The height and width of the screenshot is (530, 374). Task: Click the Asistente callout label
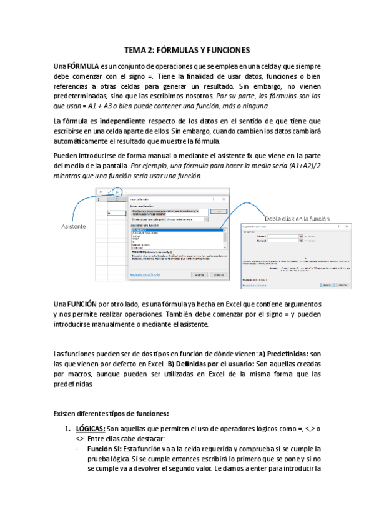point(74,226)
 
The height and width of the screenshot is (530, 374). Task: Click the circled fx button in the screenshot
point(118,191)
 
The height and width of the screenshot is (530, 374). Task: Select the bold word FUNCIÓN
point(82,303)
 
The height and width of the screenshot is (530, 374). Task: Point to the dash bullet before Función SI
point(76,449)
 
